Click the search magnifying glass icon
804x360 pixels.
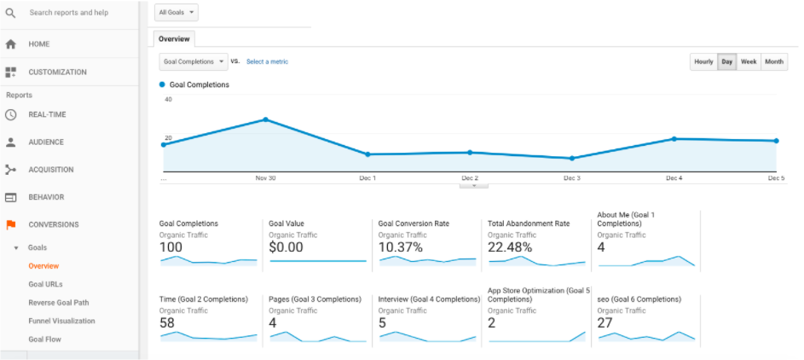[x=10, y=13]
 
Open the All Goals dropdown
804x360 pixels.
[x=177, y=13]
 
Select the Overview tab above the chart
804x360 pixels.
[x=174, y=39]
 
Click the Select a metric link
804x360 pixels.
[x=267, y=62]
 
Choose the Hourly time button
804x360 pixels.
[x=703, y=62]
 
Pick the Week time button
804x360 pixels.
[x=749, y=62]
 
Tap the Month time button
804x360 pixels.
[x=774, y=62]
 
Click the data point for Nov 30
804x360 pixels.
[x=266, y=119]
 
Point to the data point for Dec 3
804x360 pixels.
[x=571, y=158]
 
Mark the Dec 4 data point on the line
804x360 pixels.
[x=674, y=138]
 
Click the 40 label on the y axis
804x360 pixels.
[x=168, y=100]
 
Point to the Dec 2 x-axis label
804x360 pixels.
[x=470, y=178]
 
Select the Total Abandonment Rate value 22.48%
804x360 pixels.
[x=510, y=247]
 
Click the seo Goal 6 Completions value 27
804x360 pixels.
[x=606, y=323]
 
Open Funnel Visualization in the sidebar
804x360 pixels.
[x=61, y=321]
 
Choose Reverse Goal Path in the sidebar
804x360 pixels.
[x=58, y=303]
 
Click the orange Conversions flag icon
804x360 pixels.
[x=11, y=225]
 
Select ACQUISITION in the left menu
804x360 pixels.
[x=51, y=170]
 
